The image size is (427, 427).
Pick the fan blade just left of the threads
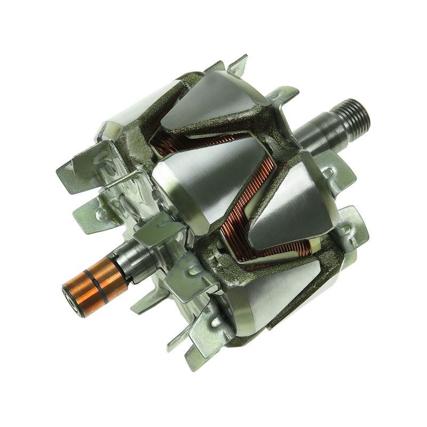click(x=291, y=99)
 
